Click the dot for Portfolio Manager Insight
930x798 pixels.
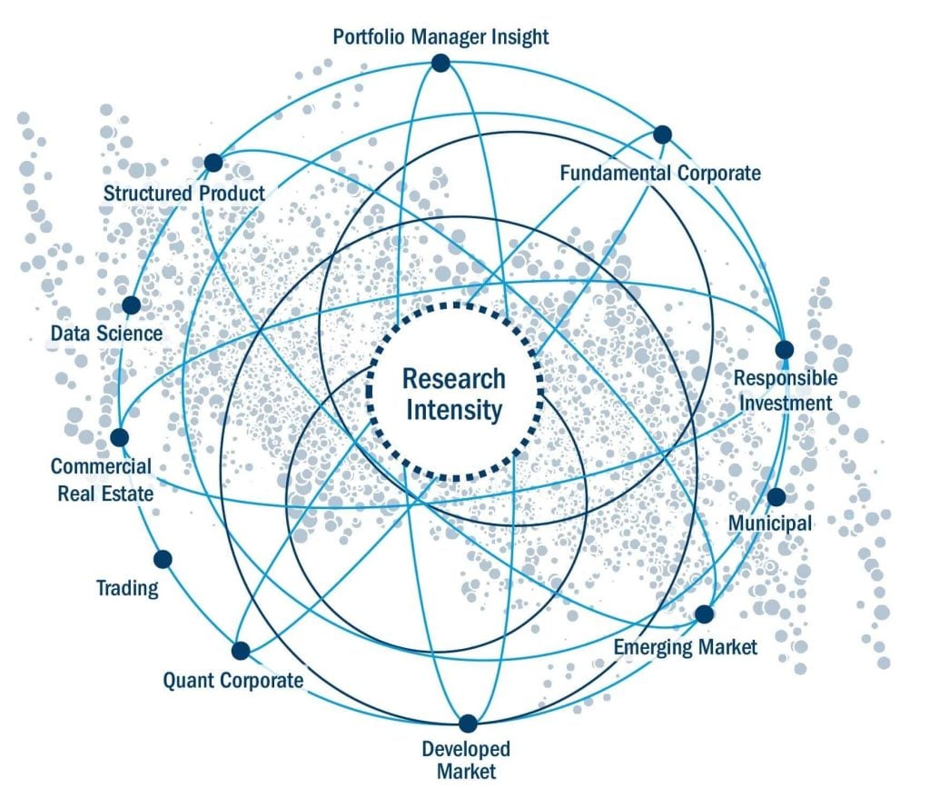[x=440, y=63]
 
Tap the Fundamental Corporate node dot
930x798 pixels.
[x=662, y=135]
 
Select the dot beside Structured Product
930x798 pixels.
[x=213, y=163]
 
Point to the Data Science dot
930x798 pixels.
[x=131, y=305]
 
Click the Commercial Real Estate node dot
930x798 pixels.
[x=120, y=437]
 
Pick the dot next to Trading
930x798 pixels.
[x=163, y=559]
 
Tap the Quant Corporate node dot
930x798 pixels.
[x=241, y=651]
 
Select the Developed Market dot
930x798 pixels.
[x=467, y=724]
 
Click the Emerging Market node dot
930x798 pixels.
[x=704, y=613]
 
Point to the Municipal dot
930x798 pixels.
[x=776, y=497]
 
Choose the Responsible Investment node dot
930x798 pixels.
[x=785, y=350]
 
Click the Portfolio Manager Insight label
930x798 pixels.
[x=440, y=37]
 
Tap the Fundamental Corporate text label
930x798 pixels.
[x=660, y=173]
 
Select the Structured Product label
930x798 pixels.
[x=184, y=193]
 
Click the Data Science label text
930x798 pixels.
[x=106, y=334]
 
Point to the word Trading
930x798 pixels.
[x=127, y=588]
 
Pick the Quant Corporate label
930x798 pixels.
[x=232, y=680]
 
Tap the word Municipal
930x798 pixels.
[x=771, y=524]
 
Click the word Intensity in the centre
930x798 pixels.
[x=453, y=410]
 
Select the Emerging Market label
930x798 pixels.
[x=685, y=647]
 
